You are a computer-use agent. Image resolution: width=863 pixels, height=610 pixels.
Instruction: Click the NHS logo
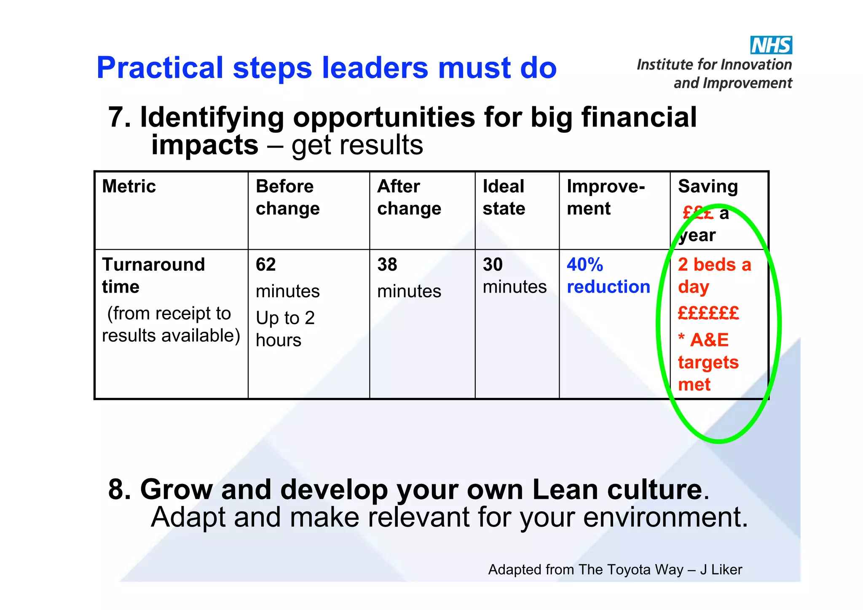[771, 45]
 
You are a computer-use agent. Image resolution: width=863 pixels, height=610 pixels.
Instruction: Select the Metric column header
[129, 186]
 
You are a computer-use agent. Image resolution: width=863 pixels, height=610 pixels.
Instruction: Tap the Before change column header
[287, 197]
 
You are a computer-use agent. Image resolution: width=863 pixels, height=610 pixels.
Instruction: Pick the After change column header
[409, 197]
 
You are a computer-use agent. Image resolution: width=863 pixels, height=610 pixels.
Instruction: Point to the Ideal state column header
[504, 197]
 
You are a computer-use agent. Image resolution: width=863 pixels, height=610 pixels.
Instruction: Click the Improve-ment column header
[605, 197]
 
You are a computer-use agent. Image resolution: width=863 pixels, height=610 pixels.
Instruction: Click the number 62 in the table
[265, 265]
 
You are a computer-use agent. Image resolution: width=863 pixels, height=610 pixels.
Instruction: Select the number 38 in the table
[387, 265]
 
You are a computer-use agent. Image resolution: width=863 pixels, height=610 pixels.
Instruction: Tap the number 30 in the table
[493, 265]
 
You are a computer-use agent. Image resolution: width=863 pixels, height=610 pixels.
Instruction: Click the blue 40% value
[584, 265]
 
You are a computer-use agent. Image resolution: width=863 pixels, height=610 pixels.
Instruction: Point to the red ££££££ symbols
[708, 313]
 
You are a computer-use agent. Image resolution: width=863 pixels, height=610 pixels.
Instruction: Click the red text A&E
[709, 340]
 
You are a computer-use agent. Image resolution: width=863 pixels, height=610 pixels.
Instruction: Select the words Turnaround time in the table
[153, 276]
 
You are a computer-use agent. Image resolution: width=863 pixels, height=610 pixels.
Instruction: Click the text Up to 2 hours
[285, 329]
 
